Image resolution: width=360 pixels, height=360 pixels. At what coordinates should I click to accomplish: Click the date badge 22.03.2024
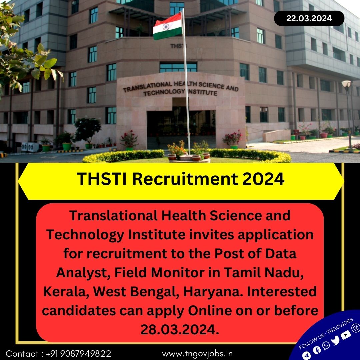(x=309, y=18)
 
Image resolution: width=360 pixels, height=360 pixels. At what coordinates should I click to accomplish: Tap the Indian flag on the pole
(x=167, y=26)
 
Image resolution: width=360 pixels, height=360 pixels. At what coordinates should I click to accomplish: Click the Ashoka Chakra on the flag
(x=166, y=27)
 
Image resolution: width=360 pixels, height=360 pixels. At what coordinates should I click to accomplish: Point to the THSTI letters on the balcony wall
(x=178, y=46)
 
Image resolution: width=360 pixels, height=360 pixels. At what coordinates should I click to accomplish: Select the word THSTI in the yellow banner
(x=102, y=179)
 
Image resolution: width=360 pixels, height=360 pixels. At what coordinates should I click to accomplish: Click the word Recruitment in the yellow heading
(x=185, y=179)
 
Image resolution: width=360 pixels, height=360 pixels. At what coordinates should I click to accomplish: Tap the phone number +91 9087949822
(x=79, y=354)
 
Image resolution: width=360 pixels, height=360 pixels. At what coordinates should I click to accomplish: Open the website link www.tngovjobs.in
(x=197, y=354)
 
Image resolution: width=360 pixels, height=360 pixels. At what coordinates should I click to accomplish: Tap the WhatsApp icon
(x=326, y=345)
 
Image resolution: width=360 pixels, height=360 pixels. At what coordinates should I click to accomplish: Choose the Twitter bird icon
(x=335, y=340)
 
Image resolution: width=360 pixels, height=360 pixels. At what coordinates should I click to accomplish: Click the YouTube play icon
(x=346, y=335)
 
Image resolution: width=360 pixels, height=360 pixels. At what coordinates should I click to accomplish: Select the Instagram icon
(x=356, y=328)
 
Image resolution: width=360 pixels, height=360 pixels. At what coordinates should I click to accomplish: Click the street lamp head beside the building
(x=346, y=84)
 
